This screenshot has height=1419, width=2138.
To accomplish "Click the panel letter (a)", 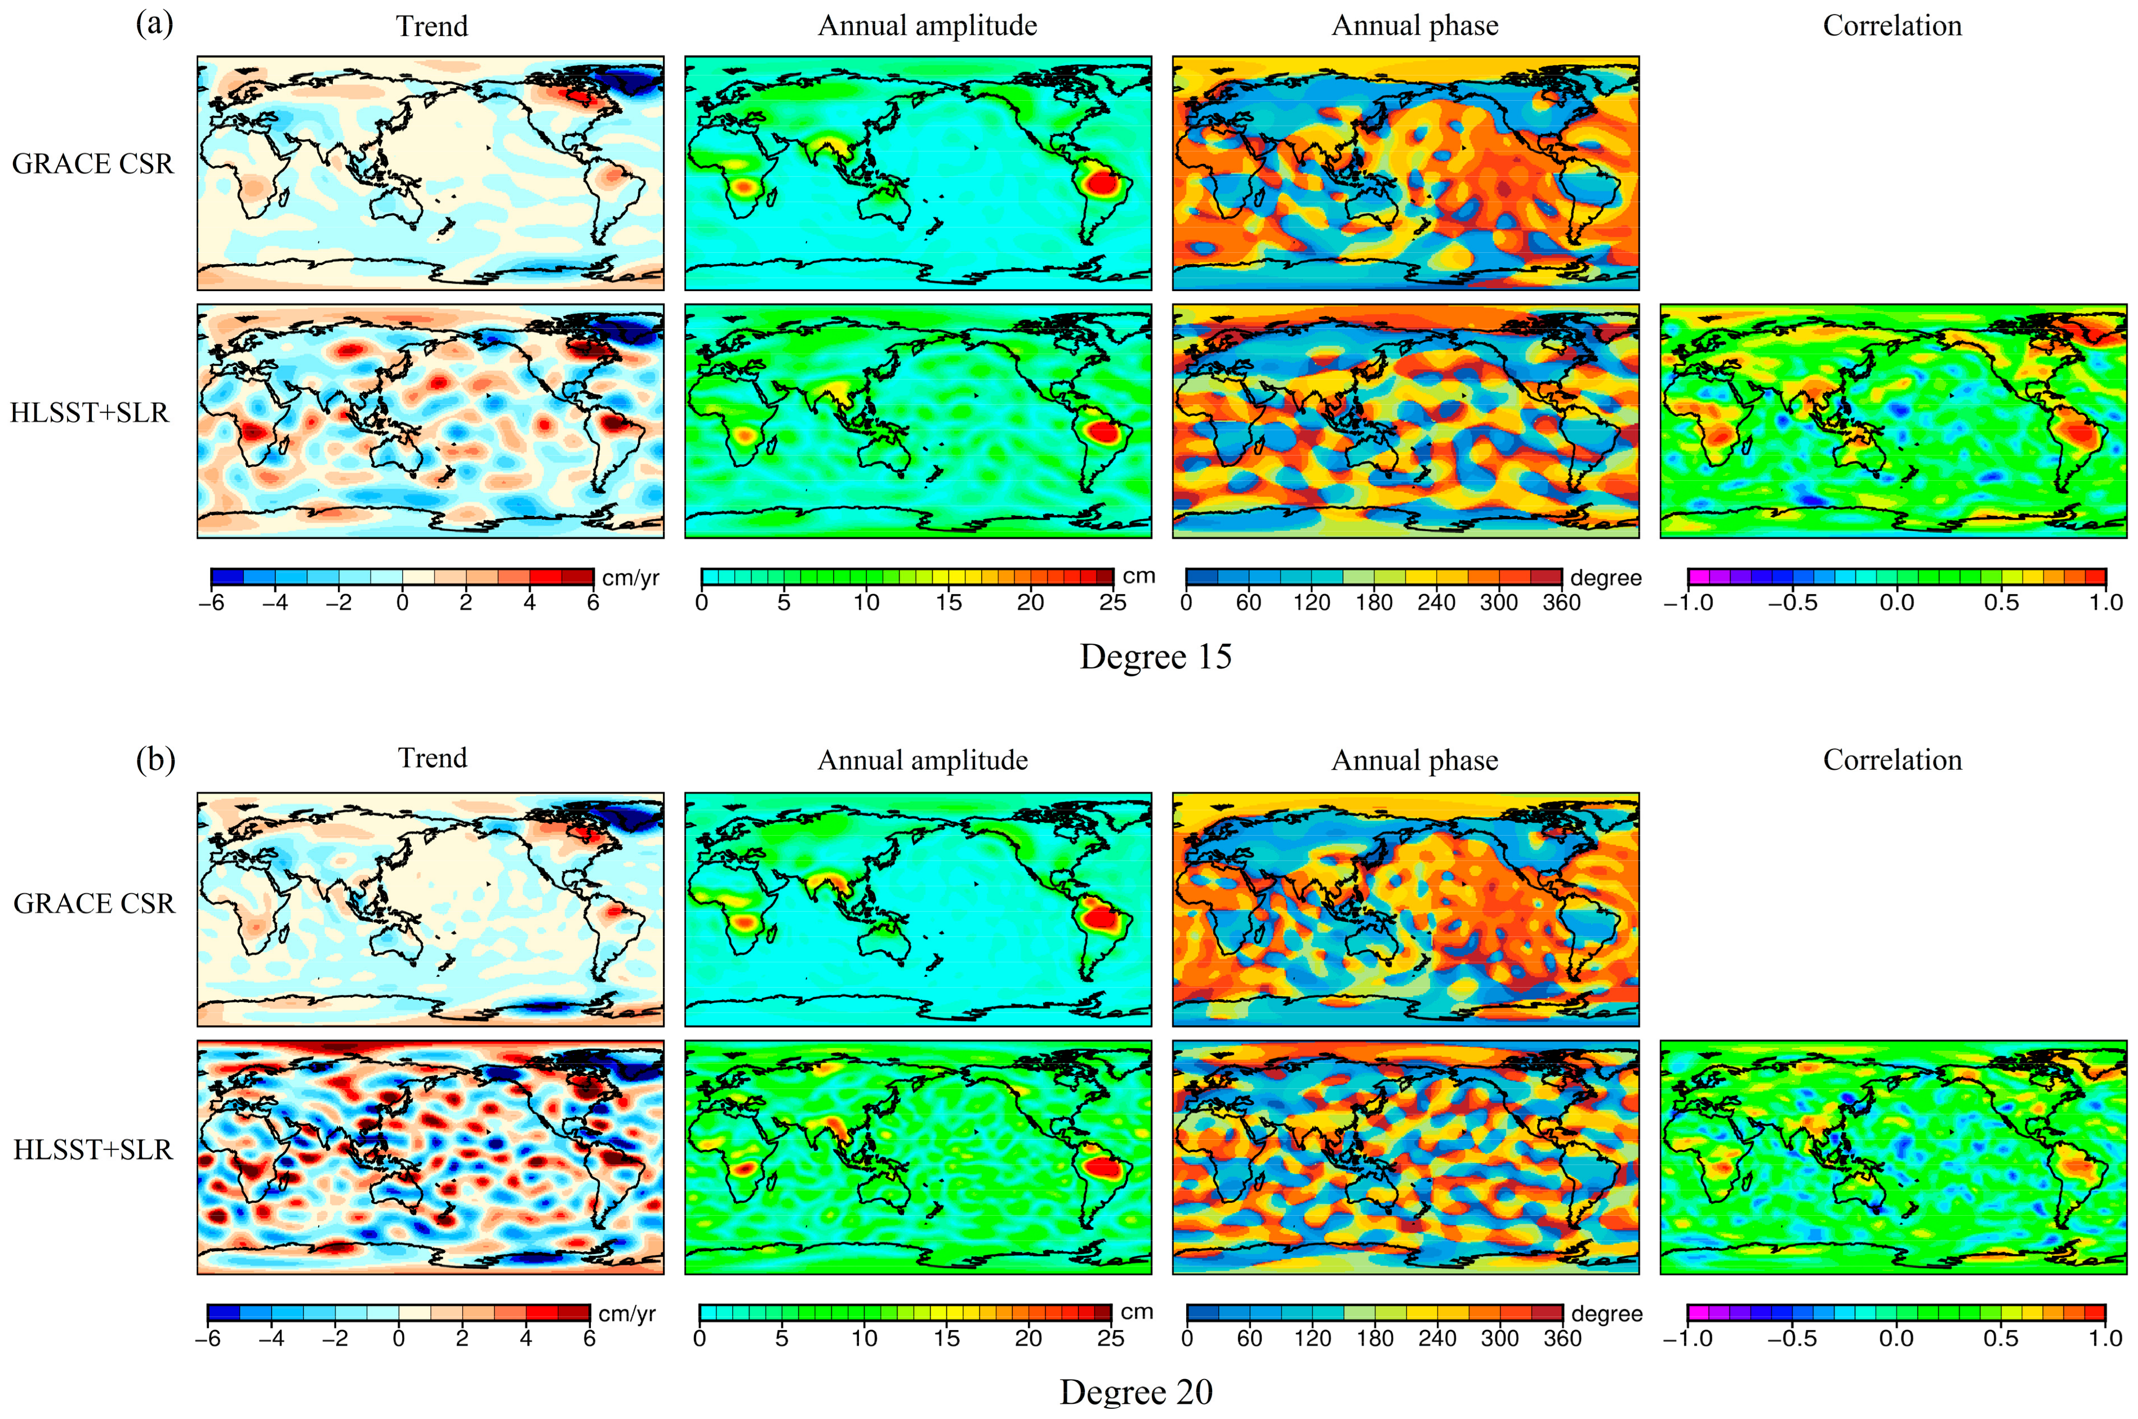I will tap(154, 24).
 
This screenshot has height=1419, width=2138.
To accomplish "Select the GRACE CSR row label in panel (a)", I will tap(92, 164).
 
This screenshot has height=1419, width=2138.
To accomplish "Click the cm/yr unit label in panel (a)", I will tap(630, 577).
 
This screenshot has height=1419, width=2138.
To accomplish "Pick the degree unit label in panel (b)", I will tap(1607, 1313).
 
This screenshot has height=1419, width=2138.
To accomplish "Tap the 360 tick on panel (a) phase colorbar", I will tap(1561, 603).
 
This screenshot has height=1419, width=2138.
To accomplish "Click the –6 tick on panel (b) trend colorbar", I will tap(208, 1338).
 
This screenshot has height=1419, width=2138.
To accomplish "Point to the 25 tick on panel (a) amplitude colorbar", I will tap(1112, 603).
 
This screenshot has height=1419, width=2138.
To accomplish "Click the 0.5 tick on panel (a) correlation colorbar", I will tap(2001, 603).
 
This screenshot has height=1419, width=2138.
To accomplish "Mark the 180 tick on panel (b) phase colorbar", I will tap(1375, 1338).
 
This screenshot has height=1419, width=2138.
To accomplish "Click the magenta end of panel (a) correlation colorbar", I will tap(1697, 577).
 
